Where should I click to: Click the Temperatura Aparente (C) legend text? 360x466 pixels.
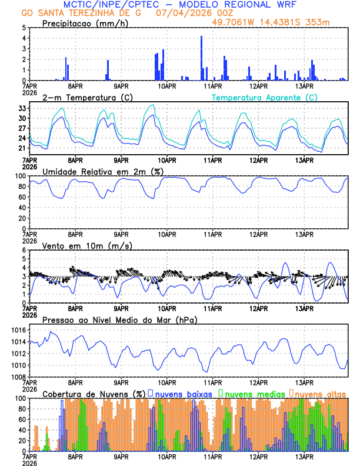(x=265, y=97)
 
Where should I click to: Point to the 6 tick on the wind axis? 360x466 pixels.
(x=24, y=251)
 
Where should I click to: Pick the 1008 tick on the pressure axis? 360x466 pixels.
(x=18, y=377)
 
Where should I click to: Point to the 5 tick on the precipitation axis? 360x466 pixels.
(x=24, y=28)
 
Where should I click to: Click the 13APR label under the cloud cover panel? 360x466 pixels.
(x=304, y=457)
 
